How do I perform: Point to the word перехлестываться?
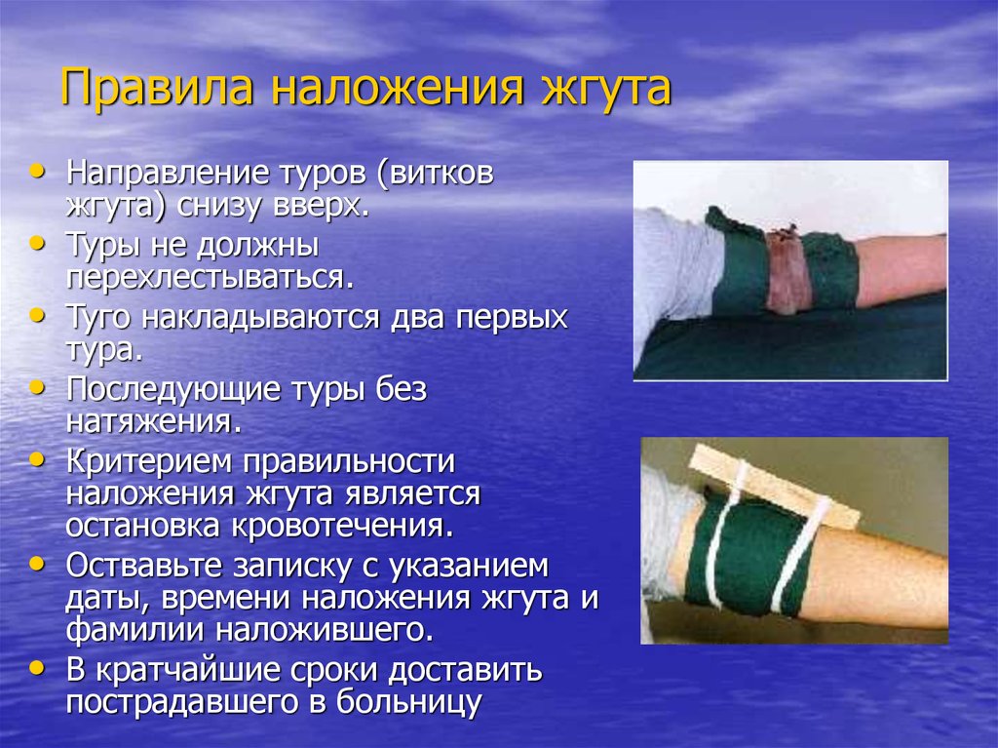[x=211, y=278]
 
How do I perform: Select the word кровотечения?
[x=343, y=528]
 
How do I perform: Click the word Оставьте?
[x=143, y=566]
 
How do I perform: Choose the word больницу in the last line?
[x=408, y=702]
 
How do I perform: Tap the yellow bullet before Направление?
[x=38, y=171]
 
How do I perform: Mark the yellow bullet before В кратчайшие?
[x=38, y=667]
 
